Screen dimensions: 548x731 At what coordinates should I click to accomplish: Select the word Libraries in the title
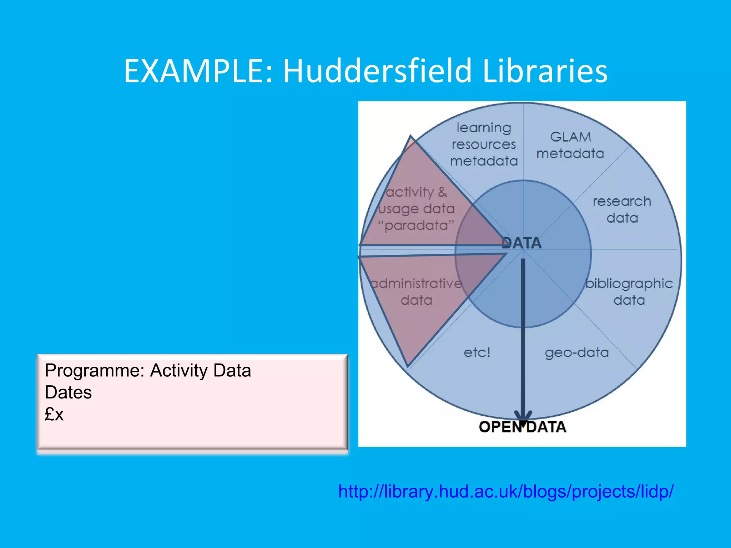point(545,71)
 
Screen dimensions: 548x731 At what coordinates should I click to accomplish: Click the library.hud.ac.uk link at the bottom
point(506,492)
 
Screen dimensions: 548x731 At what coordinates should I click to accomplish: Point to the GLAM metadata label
point(570,145)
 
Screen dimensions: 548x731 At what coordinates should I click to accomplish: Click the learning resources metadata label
point(484,144)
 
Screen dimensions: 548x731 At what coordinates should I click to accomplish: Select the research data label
point(622,210)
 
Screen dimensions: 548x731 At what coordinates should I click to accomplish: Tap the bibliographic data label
point(629,292)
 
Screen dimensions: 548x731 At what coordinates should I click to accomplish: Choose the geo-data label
point(577,352)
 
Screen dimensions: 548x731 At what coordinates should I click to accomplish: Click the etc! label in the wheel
point(477,352)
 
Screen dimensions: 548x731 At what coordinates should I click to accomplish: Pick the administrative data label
point(417,292)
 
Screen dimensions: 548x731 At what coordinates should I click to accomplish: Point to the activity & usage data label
point(417,201)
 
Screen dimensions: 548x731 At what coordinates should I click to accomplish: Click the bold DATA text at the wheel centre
point(522,243)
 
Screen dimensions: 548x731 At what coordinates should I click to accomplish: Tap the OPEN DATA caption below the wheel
point(523,427)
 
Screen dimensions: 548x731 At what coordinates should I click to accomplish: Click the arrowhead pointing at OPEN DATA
point(523,417)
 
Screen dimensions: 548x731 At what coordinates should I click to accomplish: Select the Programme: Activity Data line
point(148,370)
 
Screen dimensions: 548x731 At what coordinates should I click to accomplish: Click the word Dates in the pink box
point(68,392)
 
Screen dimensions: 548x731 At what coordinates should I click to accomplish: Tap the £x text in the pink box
point(54,414)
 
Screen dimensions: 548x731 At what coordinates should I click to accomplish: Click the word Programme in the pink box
point(95,370)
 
